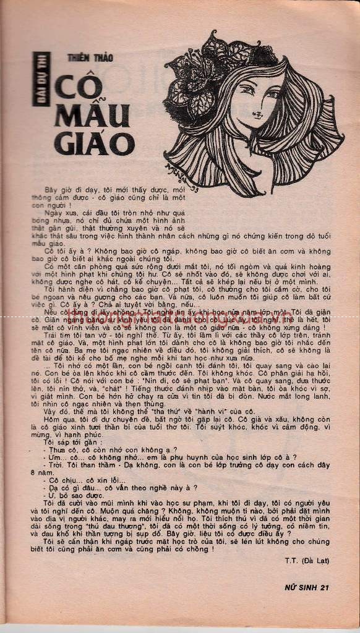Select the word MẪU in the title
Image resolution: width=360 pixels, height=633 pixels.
click(92, 116)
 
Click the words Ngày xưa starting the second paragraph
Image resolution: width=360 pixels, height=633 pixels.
click(58, 211)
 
